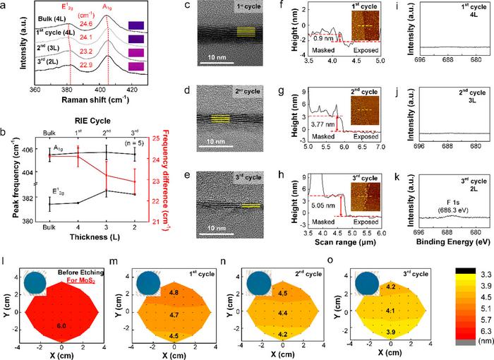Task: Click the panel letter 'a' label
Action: pos(5,7)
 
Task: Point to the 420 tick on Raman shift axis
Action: pos(131,92)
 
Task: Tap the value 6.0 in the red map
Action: pos(61,306)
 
